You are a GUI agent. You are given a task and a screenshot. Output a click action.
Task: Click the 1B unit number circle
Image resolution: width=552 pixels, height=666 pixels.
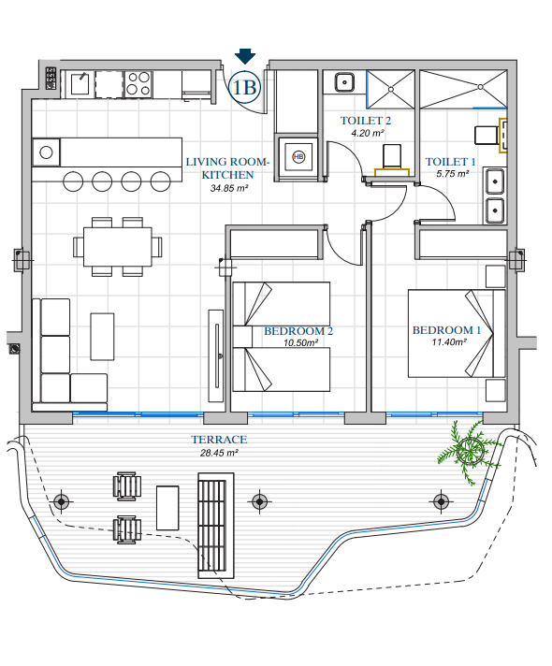[245, 87]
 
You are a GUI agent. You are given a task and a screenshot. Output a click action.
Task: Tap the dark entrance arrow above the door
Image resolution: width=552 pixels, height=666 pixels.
[245, 56]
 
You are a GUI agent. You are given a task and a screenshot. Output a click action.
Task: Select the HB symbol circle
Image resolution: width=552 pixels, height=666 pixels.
[298, 157]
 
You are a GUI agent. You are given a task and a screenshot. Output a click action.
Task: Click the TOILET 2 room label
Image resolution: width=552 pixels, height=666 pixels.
[366, 121]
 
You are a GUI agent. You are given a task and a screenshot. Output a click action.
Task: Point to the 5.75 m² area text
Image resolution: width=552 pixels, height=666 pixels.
[453, 174]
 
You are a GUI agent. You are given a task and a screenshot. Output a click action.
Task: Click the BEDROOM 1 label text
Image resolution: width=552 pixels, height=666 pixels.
[446, 330]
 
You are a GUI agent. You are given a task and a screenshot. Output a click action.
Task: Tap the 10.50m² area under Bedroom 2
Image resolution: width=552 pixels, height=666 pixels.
[301, 342]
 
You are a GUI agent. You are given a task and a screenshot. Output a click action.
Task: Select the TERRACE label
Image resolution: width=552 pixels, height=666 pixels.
[219, 440]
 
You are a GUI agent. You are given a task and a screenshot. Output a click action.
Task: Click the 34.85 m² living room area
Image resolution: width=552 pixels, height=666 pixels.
[229, 188]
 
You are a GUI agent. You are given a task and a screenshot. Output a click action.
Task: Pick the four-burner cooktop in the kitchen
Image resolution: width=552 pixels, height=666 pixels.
[138, 83]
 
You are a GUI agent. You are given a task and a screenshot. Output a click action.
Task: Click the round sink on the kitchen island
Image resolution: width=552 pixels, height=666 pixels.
[46, 152]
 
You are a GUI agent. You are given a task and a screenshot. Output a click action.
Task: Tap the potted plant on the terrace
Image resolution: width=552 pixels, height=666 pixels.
[470, 451]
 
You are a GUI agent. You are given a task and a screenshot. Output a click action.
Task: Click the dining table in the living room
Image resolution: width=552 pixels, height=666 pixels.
[117, 247]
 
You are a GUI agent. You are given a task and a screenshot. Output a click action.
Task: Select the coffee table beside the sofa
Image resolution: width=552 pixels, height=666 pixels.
[102, 337]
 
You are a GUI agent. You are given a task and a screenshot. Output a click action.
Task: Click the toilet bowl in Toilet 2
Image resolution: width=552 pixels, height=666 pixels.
[392, 156]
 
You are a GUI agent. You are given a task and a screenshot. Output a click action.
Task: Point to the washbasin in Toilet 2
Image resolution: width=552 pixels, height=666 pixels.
[344, 82]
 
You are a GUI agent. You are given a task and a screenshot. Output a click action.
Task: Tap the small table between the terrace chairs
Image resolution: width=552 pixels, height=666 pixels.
[167, 508]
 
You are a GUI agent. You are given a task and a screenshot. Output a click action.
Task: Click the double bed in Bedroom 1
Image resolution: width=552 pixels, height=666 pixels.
[457, 333]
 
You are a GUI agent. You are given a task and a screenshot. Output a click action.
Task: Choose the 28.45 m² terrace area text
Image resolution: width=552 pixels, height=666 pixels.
[219, 453]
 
